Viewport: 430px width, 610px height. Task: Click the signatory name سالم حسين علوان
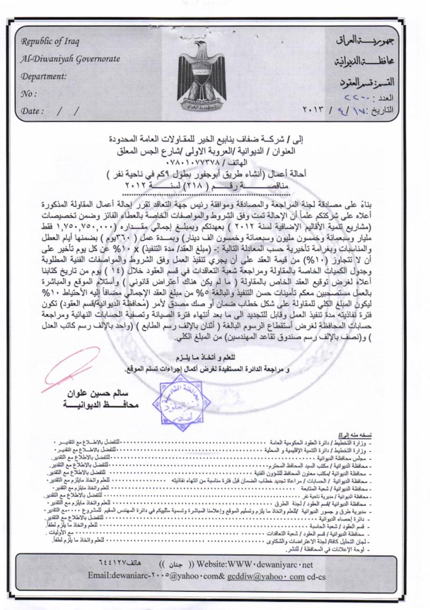(x=99, y=394)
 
